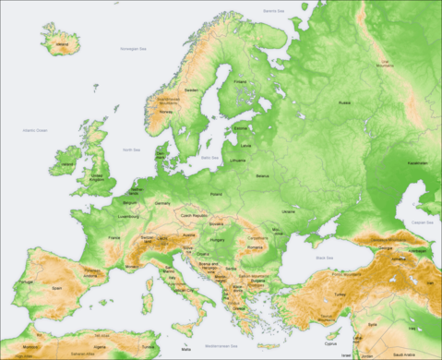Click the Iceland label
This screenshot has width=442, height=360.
coord(62,42)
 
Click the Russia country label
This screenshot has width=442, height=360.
coord(344,103)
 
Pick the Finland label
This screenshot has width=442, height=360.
coord(241,81)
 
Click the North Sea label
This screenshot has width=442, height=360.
coord(132,149)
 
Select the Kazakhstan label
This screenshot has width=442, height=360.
coord(418,162)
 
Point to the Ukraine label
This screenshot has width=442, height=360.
coord(289,211)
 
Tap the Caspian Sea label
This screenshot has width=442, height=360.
coord(423,222)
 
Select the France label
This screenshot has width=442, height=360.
coord(114,237)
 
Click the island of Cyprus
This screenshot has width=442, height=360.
coord(329,340)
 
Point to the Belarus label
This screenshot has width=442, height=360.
coord(262,175)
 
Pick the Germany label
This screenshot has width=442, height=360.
coord(162,202)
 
